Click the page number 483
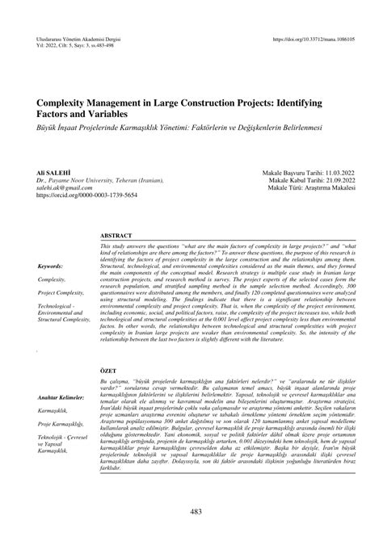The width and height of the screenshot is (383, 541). point(191,511)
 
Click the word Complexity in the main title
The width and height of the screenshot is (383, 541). point(69,106)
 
